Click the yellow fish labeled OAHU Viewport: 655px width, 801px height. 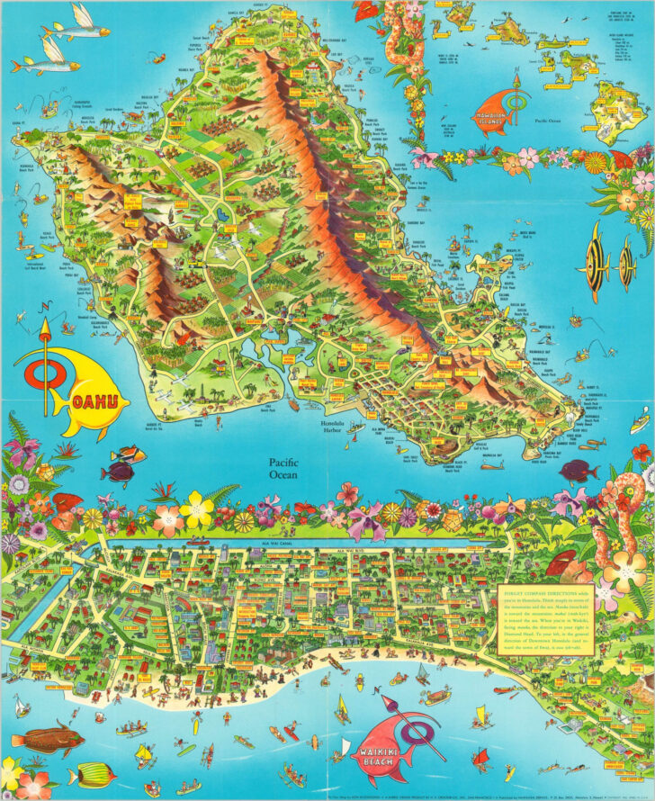85,391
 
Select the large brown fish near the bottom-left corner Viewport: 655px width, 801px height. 49,740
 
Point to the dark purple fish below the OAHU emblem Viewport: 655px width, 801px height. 120,470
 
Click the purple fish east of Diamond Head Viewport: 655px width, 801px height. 576,468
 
